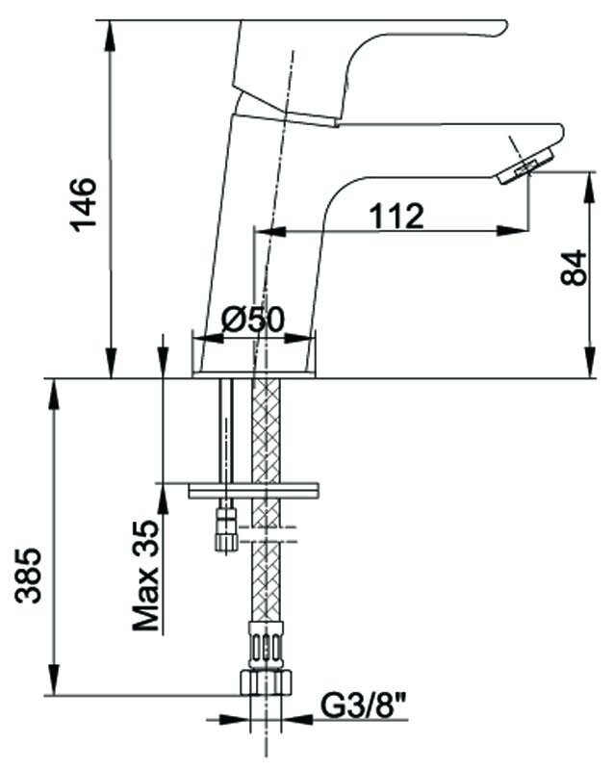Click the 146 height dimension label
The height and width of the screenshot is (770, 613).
84,204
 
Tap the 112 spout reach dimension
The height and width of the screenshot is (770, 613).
396,216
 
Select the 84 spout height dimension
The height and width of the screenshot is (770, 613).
574,268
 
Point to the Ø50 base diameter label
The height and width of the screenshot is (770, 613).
253,320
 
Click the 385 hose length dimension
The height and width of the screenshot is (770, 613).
28,575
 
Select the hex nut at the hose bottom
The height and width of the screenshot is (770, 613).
266,681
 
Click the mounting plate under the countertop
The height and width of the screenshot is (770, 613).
253,491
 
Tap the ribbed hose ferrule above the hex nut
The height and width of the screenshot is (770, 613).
266,645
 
